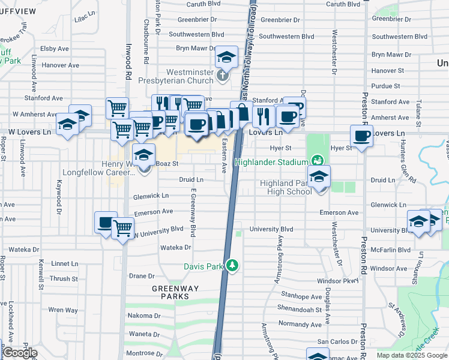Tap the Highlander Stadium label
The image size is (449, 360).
pyautogui.click(x=271, y=162)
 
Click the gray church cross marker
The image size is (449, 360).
pyautogui.click(x=223, y=76)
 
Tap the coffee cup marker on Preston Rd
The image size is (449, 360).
pyautogui.click(x=361, y=137)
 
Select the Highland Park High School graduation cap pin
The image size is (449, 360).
pyautogui.click(x=319, y=176)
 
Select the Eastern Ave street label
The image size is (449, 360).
pyautogui.click(x=224, y=156)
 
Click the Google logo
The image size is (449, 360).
pyautogui.click(x=20, y=353)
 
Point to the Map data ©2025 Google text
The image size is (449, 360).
pyautogui.click(x=412, y=355)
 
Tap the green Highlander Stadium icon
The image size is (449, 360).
pyautogui.click(x=317, y=161)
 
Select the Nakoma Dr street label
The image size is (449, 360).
pyautogui.click(x=144, y=316)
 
